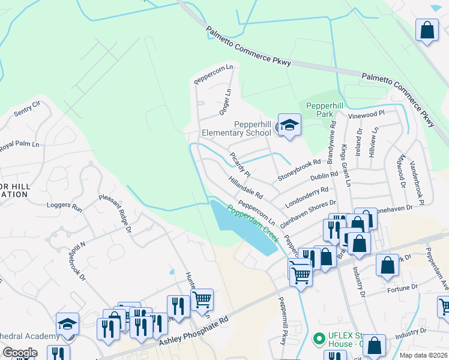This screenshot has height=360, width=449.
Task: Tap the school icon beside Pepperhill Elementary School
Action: [289, 125]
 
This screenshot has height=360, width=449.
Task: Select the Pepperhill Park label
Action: [328, 110]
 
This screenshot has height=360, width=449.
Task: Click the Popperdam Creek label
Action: [253, 227]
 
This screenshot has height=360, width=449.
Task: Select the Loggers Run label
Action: [64, 206]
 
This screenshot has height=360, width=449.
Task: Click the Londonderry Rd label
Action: [307, 197]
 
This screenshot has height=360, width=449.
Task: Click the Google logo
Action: [20, 353]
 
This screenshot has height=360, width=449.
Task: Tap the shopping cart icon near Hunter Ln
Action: [202, 299]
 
